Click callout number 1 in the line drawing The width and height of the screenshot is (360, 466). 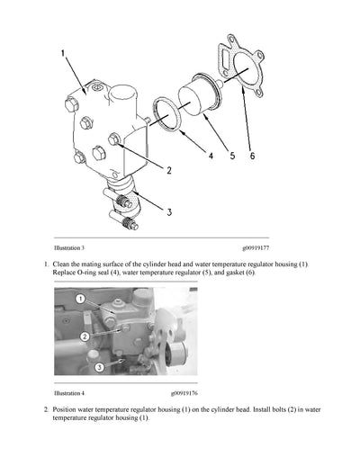coord(63,56)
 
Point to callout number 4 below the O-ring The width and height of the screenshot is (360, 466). coord(211,156)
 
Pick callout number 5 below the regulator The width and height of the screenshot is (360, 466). coord(232,156)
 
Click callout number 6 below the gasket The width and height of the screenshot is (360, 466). coord(253,156)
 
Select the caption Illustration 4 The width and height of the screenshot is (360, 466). coord(69,393)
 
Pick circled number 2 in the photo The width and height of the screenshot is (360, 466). coord(84,336)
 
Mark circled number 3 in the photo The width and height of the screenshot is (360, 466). coord(99,367)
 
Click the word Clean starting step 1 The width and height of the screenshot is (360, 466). coord(63,264)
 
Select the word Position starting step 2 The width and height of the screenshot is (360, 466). coord(67,409)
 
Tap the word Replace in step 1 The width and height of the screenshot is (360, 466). coord(67,272)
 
